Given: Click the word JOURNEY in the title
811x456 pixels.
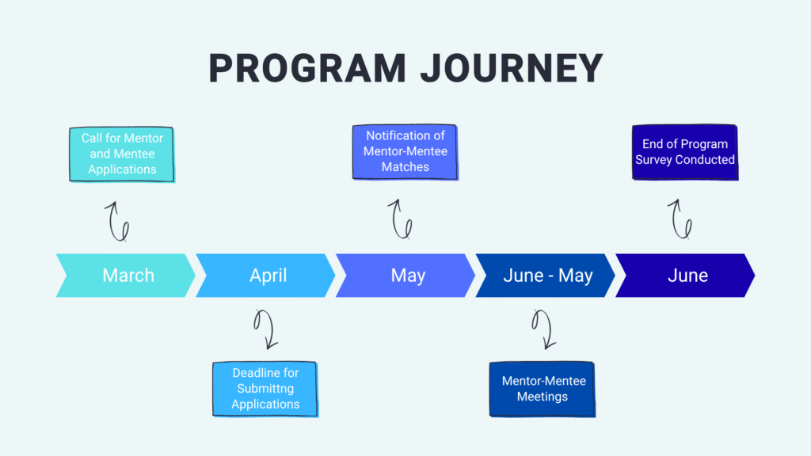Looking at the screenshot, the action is coord(512,68).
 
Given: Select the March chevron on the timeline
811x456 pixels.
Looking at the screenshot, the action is coord(126,275).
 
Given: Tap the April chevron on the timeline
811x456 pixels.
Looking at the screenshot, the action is coord(265,275).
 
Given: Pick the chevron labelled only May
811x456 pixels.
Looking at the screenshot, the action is coord(405,275).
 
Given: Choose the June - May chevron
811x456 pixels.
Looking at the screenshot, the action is coord(545,275).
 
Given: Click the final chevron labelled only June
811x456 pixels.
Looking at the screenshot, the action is coord(685,275).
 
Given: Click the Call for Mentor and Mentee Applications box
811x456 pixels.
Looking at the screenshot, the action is coord(121,154).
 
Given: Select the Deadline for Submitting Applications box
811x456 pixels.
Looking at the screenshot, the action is coord(265,389).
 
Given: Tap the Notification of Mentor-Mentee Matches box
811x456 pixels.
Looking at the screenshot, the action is coord(405,151).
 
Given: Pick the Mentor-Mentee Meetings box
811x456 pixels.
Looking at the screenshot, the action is coord(542,389).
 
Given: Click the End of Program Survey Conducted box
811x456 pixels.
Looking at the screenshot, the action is coord(685,152).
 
